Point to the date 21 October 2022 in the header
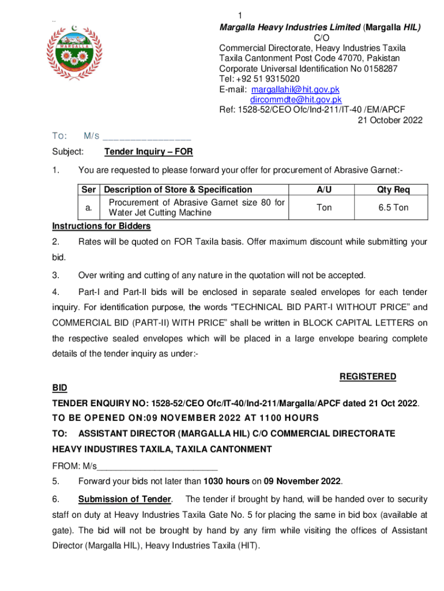click(x=390, y=121)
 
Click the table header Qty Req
click(x=393, y=189)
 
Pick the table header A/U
click(x=324, y=189)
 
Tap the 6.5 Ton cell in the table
click(x=393, y=207)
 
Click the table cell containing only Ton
click(x=324, y=207)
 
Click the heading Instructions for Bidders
click(x=101, y=226)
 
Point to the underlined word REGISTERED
click(x=367, y=376)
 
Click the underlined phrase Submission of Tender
click(x=125, y=499)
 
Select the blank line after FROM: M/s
click(x=157, y=466)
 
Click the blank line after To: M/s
click(x=148, y=137)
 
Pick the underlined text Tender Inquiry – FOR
click(x=149, y=152)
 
